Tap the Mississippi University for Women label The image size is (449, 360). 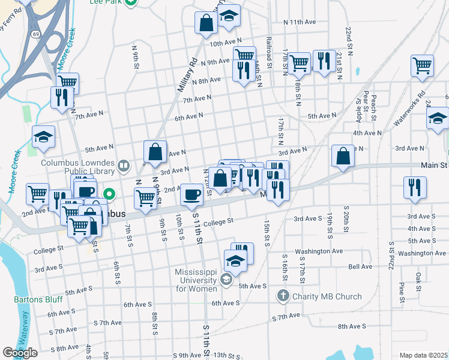pos(196,280)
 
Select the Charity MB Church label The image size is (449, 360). pos(327,296)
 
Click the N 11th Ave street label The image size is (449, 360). pos(300,22)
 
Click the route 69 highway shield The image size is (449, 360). pos(37,35)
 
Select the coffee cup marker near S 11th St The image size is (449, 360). pos(191,194)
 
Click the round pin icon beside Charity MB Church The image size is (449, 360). pos(283,296)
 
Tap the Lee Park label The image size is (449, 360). pos(111,2)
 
